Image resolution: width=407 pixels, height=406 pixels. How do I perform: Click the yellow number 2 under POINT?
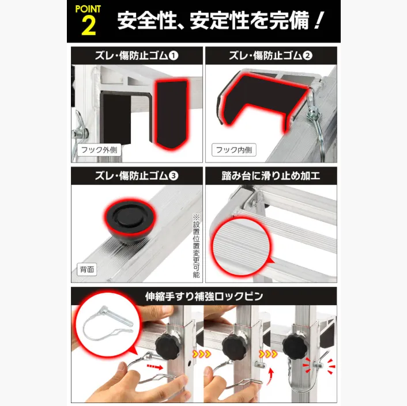(89, 25)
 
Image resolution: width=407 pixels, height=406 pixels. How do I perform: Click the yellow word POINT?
(88, 9)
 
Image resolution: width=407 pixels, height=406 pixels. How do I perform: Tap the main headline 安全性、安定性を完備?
(220, 21)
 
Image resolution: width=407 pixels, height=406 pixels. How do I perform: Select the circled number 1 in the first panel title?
(174, 55)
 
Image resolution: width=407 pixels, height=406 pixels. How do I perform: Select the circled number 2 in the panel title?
(307, 55)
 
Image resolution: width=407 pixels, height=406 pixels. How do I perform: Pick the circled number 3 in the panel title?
(174, 176)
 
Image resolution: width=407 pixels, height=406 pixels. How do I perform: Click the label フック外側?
(99, 150)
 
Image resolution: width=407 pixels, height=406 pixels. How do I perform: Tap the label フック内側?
(234, 150)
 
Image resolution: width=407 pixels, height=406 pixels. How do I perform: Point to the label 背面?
(86, 270)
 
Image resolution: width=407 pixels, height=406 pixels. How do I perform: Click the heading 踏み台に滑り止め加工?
(271, 176)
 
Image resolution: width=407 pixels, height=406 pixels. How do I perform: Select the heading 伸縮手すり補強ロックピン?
(204, 296)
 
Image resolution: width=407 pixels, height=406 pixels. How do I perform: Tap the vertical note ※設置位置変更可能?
(196, 246)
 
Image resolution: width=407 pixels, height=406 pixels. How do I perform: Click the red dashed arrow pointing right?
(154, 367)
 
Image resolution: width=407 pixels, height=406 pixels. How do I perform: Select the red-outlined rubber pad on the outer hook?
(171, 114)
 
